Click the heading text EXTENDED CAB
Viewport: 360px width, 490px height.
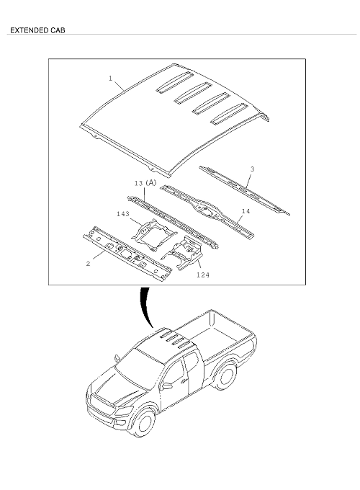point(37,30)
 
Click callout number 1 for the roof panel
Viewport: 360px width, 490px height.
point(110,78)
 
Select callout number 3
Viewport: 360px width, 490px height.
point(252,169)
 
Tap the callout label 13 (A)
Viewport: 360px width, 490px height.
point(145,182)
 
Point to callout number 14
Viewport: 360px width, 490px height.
point(246,211)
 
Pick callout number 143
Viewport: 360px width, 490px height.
point(123,214)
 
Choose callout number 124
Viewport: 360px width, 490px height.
point(203,275)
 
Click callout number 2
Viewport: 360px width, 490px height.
point(88,264)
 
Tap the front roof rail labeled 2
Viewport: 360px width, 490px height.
point(127,254)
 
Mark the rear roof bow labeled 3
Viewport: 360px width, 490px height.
point(245,190)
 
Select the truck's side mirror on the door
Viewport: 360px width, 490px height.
point(167,386)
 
